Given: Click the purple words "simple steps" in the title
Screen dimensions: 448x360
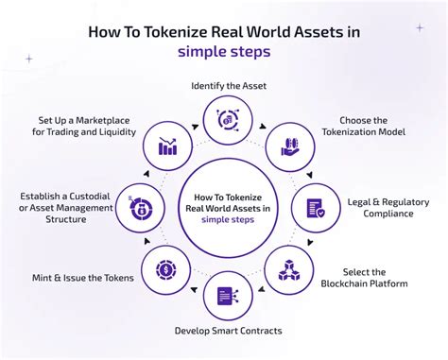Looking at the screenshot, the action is tap(223, 52).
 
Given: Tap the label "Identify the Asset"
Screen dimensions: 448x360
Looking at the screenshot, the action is tap(229, 86).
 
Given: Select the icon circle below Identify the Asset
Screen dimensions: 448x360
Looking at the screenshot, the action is tap(228, 120).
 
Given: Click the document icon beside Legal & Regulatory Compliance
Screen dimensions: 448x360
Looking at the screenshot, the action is tap(315, 207).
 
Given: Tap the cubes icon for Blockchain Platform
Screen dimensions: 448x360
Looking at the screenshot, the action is tap(288, 269).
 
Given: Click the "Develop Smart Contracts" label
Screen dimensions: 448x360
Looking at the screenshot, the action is tap(228, 331).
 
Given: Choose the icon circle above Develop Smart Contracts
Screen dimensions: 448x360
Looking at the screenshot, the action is tap(228, 295).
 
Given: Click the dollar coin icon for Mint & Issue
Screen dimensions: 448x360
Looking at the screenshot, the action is tap(164, 270).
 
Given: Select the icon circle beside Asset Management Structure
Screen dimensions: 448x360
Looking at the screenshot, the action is tap(140, 207).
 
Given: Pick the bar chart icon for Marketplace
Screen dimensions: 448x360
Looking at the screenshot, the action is tap(168, 146).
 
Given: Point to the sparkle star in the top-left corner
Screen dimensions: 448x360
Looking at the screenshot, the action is tap(28, 58).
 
